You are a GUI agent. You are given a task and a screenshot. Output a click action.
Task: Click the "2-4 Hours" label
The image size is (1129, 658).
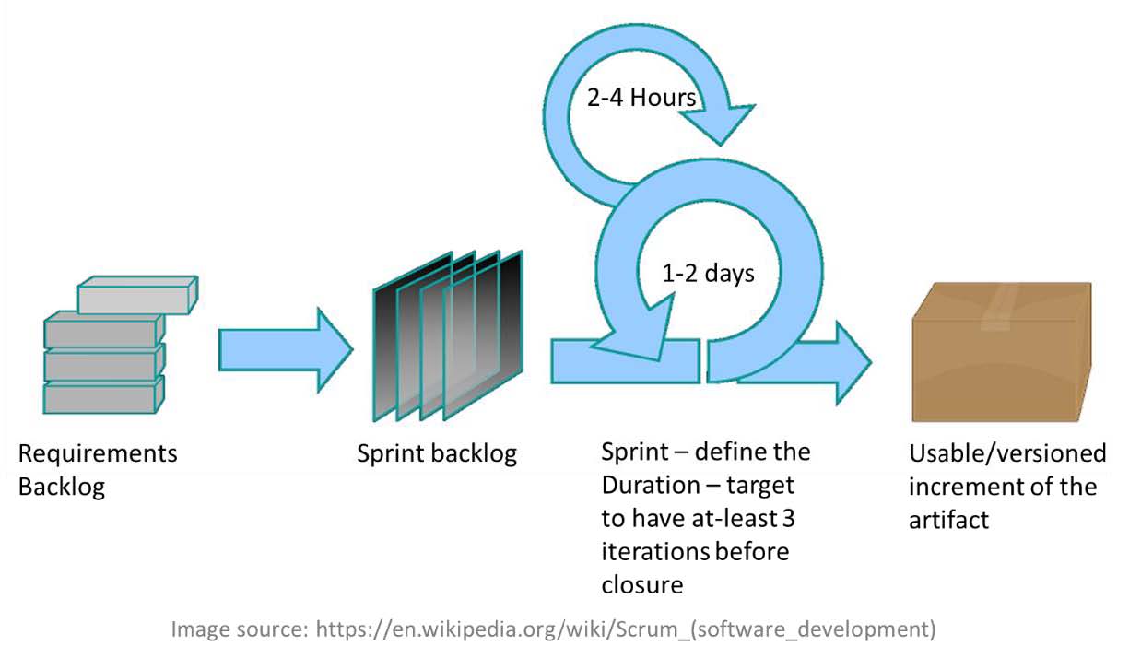(641, 98)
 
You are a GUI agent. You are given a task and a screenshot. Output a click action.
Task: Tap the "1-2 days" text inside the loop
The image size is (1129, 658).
(708, 274)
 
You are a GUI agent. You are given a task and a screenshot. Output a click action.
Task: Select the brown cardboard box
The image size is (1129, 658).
(1002, 352)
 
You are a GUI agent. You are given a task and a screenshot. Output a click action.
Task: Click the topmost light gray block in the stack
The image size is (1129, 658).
(137, 295)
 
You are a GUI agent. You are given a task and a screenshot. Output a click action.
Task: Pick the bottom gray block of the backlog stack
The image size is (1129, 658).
(104, 395)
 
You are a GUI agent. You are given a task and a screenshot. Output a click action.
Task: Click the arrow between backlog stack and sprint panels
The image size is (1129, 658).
(286, 350)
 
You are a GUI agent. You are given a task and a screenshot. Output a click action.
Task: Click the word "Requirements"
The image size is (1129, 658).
(98, 453)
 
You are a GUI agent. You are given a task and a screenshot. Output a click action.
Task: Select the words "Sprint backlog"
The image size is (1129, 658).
(437, 454)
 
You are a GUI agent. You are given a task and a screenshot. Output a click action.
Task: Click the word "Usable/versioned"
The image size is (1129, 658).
(1007, 454)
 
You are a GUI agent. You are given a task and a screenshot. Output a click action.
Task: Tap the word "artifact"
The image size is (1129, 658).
(948, 520)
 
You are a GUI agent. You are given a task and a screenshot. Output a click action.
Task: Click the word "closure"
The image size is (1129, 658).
(642, 585)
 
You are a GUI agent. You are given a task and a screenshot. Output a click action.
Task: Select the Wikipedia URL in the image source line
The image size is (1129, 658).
(626, 629)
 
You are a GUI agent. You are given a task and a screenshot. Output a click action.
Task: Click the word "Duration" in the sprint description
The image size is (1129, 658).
(651, 486)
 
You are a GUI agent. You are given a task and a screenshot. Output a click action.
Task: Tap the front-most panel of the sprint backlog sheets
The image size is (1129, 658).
(483, 335)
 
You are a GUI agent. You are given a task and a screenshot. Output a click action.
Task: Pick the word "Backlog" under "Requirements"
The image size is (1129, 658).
(62, 488)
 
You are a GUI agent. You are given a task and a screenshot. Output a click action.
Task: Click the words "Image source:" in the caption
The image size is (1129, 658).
(240, 629)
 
